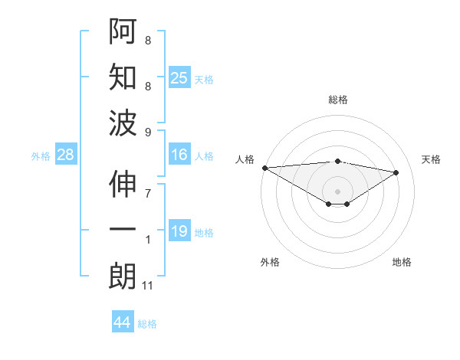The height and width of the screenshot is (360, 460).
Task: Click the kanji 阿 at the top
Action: [123, 32]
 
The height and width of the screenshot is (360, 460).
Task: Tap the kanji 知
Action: [123, 77]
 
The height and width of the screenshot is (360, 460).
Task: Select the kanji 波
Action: [123, 123]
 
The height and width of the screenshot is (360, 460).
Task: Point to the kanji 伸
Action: [123, 185]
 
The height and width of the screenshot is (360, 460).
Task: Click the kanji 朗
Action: [123, 277]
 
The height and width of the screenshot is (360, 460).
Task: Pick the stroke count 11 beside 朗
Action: [149, 286]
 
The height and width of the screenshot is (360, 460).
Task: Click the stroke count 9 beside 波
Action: [148, 133]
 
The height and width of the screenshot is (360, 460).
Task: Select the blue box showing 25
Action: [179, 78]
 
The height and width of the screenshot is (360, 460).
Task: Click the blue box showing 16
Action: [179, 155]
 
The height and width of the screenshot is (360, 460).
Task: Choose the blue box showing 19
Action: [179, 231]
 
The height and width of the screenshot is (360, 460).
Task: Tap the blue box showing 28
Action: [65, 155]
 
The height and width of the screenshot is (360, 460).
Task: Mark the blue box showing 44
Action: [122, 322]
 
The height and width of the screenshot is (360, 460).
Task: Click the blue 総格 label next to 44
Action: [147, 324]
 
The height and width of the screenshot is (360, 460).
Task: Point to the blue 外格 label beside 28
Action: [41, 156]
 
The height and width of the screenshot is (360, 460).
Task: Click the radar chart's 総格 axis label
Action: [337, 100]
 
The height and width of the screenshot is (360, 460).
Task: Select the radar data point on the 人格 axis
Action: [264, 167]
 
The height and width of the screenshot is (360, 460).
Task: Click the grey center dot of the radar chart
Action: [337, 190]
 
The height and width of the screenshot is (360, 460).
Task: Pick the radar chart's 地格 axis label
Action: [402, 262]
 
